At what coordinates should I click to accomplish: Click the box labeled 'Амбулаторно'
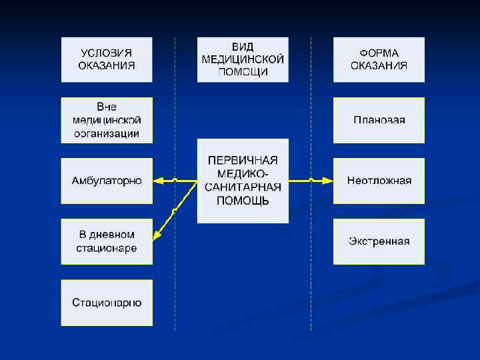click(x=107, y=181)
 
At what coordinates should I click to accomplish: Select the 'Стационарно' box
click(x=107, y=302)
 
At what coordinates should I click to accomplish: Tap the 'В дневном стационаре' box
click(x=107, y=241)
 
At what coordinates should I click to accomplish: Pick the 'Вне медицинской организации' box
click(x=107, y=120)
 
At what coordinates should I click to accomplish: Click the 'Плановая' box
click(x=379, y=120)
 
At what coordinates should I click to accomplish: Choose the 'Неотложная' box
click(x=379, y=181)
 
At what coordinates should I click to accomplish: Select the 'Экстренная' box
click(x=379, y=241)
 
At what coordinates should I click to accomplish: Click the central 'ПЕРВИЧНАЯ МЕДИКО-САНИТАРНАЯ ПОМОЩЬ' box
click(x=243, y=181)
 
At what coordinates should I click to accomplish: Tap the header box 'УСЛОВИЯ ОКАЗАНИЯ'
click(x=107, y=59)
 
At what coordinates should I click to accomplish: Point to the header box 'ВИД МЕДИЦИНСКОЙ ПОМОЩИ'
click(x=243, y=59)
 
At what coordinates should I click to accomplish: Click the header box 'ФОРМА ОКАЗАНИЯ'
click(x=379, y=59)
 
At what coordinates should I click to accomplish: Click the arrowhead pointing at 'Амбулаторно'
click(x=157, y=181)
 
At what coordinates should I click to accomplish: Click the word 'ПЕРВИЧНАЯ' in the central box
click(x=243, y=161)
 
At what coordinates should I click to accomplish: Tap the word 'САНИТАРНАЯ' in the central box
click(x=243, y=187)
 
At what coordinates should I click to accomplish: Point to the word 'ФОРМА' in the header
click(x=379, y=53)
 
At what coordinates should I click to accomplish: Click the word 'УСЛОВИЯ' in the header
click(x=107, y=53)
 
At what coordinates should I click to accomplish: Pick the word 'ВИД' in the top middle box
click(x=243, y=47)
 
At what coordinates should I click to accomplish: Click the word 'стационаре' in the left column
click(x=107, y=248)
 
